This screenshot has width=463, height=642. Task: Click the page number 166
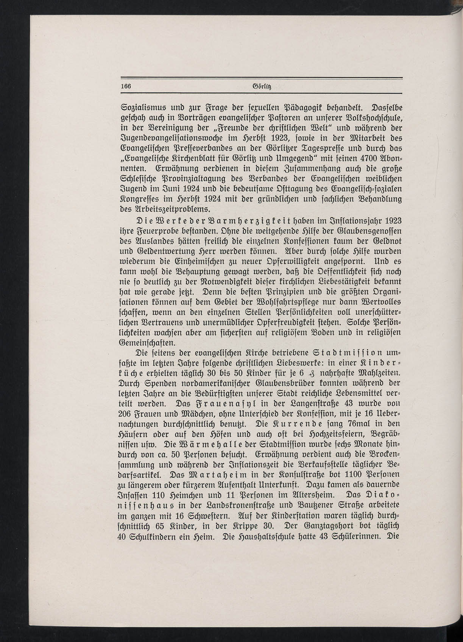point(126,86)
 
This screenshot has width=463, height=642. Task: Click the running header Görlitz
point(260,86)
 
